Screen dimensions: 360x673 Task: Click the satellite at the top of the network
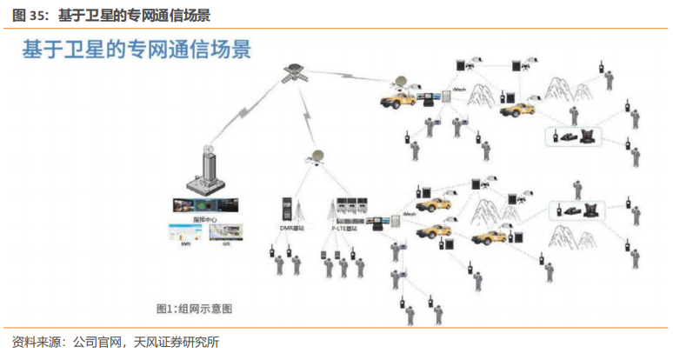(292, 73)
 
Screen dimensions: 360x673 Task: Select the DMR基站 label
(291, 228)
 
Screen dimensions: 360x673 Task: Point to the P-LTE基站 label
(346, 228)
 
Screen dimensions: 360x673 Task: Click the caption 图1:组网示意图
(194, 309)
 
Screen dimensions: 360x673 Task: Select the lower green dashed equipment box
(577, 210)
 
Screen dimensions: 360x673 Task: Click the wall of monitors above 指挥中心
(204, 205)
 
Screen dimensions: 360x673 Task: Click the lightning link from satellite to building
(248, 113)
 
